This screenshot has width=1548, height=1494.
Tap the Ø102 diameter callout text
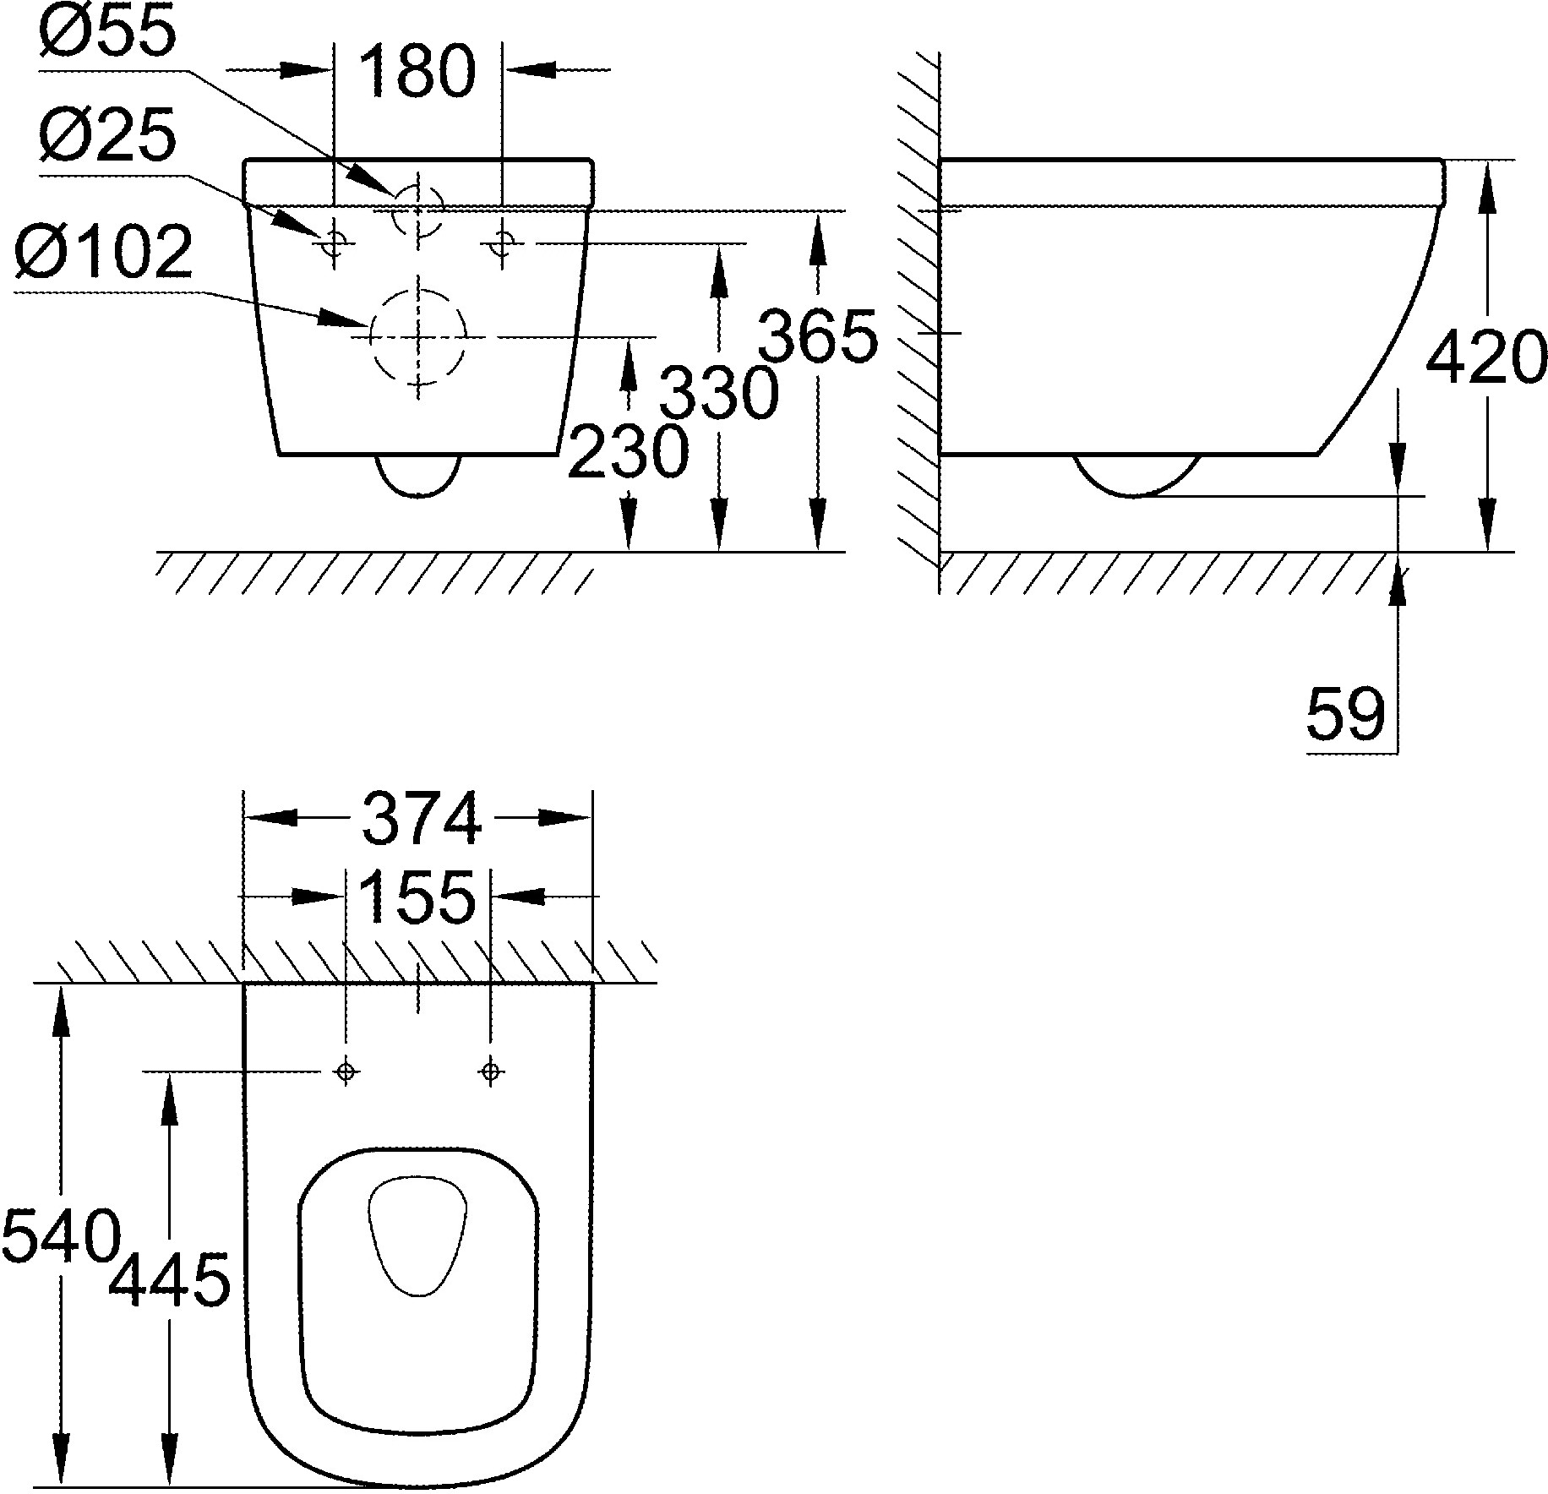(x=104, y=253)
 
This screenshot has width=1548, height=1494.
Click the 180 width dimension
(x=419, y=72)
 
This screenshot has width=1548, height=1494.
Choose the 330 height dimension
(x=718, y=394)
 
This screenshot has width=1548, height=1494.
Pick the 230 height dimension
(x=628, y=451)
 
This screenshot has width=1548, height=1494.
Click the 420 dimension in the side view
(x=1486, y=357)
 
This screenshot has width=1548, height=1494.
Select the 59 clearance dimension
(x=1347, y=715)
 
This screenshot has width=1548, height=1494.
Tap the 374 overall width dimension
(x=422, y=818)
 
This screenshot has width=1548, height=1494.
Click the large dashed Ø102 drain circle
(x=418, y=335)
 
